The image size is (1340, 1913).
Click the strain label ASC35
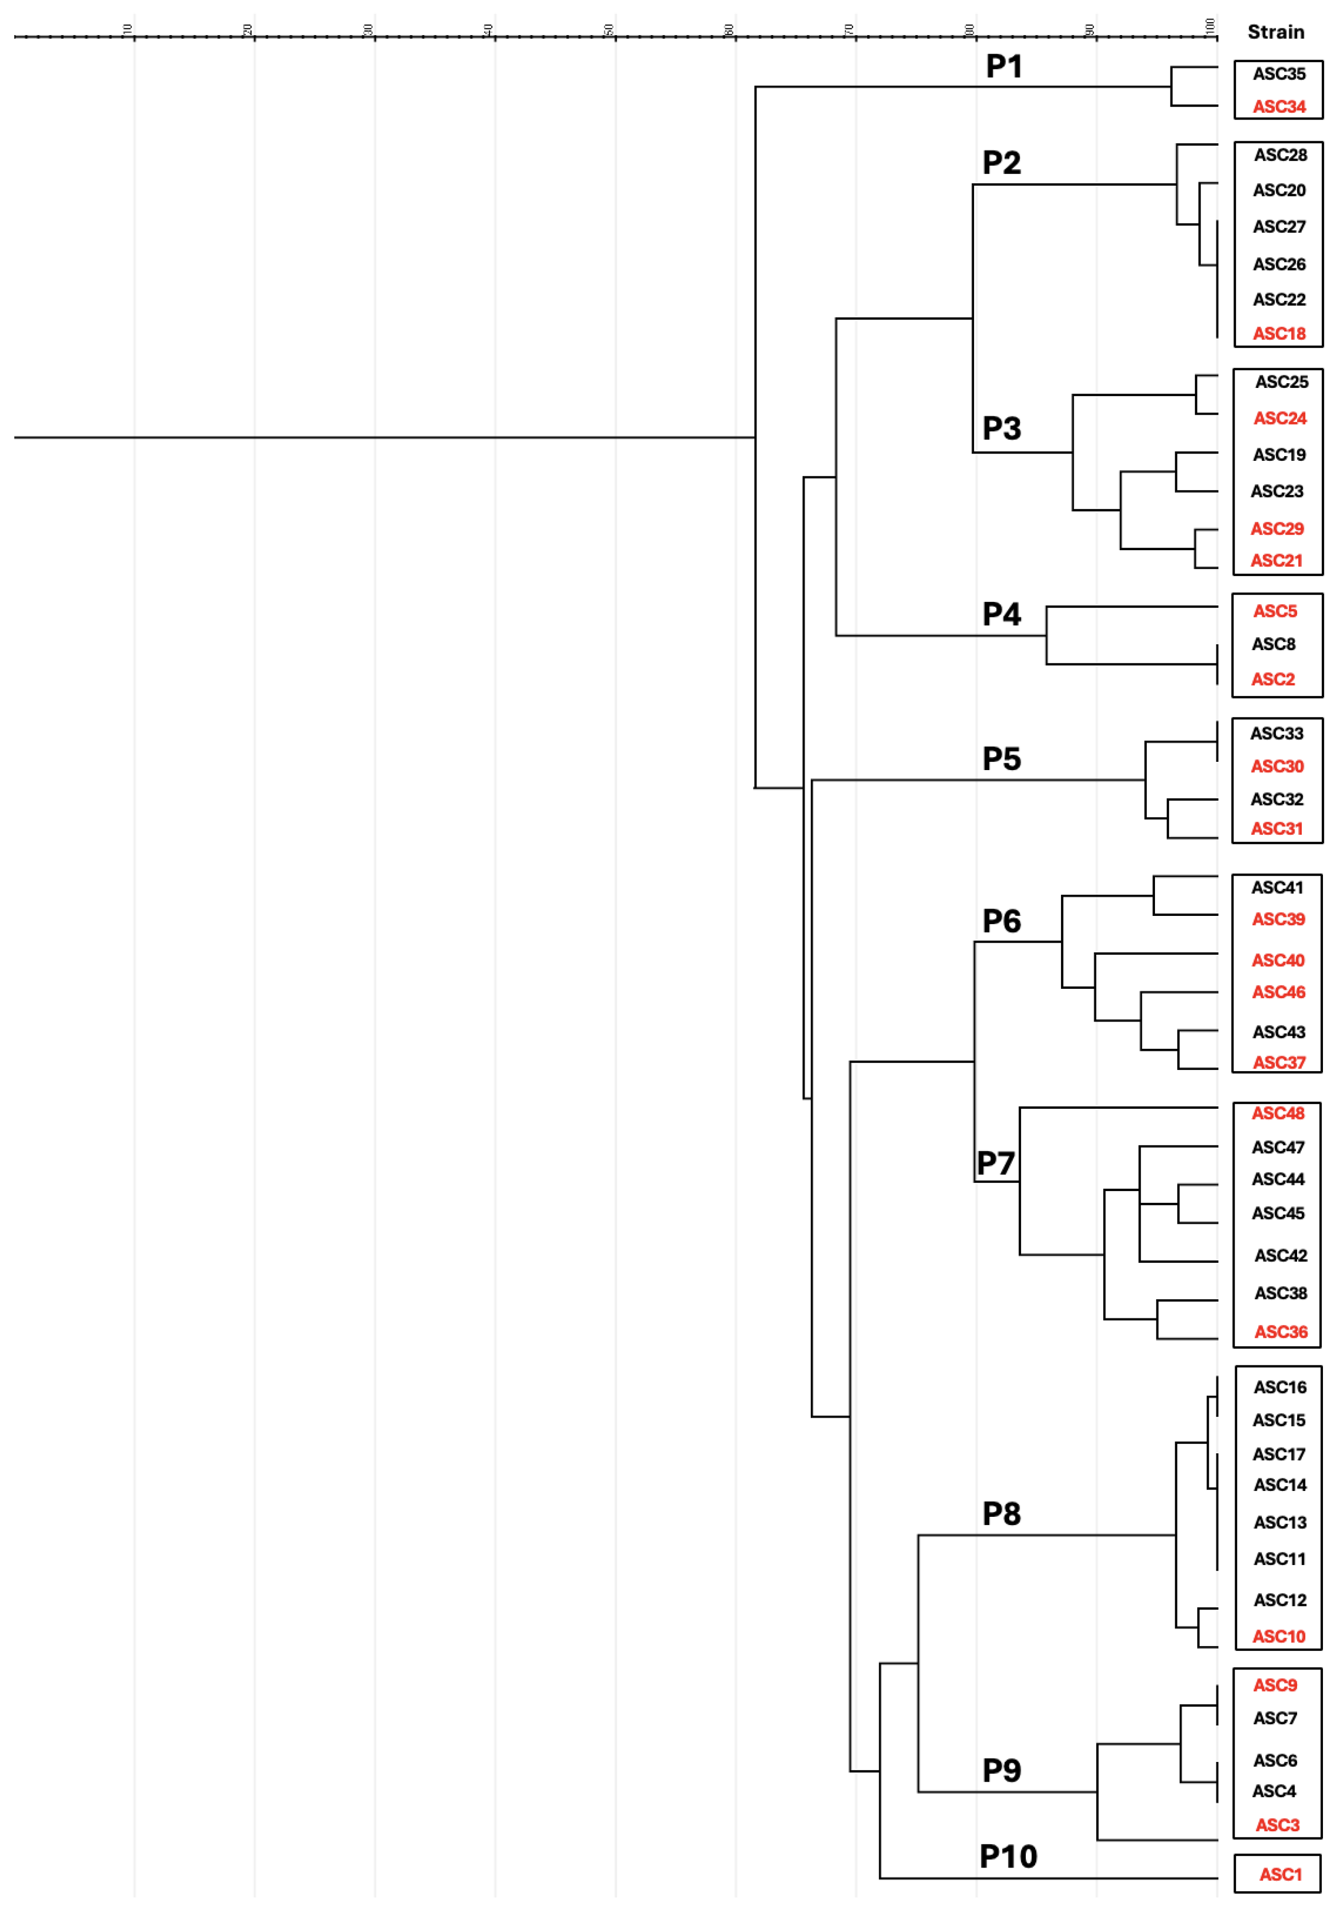1279,74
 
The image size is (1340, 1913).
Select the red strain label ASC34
1279,107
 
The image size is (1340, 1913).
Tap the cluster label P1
1004,67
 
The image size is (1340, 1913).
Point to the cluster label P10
1008,1856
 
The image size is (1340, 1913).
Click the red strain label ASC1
1279,1875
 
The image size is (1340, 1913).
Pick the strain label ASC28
1280,155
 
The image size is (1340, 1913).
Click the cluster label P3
1001,428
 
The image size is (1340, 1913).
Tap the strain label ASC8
1273,644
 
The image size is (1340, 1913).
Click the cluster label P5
1001,758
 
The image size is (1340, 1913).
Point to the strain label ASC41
1277,887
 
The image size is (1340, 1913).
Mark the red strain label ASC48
1277,1113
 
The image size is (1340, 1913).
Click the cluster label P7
996,1163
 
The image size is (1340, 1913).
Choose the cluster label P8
1001,1514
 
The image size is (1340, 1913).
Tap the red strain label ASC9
1275,1685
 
